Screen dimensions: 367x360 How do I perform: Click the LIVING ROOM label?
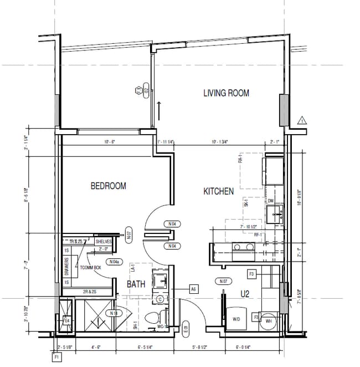tap(226, 93)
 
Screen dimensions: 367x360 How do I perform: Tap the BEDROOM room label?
tap(108, 186)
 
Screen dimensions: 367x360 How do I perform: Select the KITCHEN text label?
tap(218, 191)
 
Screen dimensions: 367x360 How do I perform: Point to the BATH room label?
tap(136, 284)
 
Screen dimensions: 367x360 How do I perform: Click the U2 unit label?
tap(245, 294)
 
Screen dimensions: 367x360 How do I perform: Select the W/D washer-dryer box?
tap(236, 319)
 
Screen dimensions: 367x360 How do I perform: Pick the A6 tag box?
tap(193, 289)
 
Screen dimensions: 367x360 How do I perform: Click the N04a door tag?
tap(114, 262)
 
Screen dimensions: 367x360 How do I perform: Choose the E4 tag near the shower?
tap(67, 320)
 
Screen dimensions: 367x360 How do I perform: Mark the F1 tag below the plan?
tap(56, 358)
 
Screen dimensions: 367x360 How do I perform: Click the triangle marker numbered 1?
tap(302, 120)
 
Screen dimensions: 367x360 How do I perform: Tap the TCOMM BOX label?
tap(90, 268)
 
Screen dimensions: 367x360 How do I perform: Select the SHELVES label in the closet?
tap(104, 242)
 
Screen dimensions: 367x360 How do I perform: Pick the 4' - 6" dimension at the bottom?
tap(96, 348)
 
